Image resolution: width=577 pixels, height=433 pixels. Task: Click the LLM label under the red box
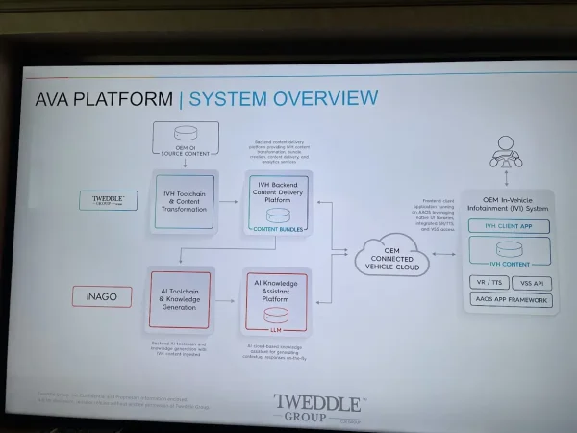[x=275, y=329]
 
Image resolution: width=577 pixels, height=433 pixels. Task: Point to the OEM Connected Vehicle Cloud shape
[x=392, y=258]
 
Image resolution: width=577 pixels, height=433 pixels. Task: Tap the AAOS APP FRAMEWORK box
[x=512, y=300]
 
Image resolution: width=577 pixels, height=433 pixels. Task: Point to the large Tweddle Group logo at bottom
[x=317, y=410]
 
